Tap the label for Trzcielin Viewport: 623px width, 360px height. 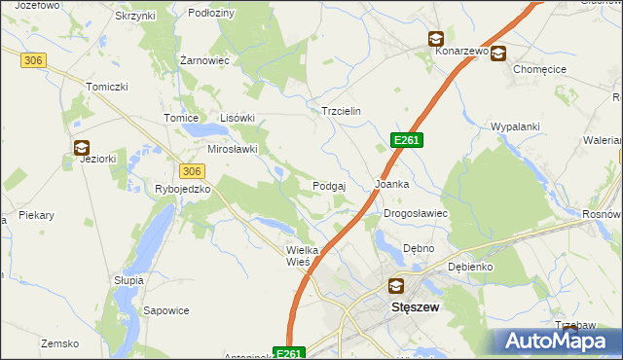click(x=342, y=111)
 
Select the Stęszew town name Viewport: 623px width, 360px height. click(x=416, y=306)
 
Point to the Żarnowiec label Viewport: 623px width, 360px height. click(x=204, y=60)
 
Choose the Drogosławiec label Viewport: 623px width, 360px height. click(x=415, y=213)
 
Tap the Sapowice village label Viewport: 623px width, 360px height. click(x=166, y=310)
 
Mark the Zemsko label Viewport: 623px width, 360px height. click(x=59, y=343)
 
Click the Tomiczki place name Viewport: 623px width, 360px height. click(x=107, y=87)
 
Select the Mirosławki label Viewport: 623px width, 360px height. click(x=233, y=149)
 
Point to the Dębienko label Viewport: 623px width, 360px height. click(x=470, y=266)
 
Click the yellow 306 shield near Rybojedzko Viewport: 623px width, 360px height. click(x=193, y=170)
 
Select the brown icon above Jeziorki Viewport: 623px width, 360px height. click(x=82, y=147)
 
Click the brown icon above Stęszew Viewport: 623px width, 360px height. click(x=395, y=286)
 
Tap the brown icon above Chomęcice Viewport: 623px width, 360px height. click(x=498, y=54)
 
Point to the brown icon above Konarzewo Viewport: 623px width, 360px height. click(x=435, y=39)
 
